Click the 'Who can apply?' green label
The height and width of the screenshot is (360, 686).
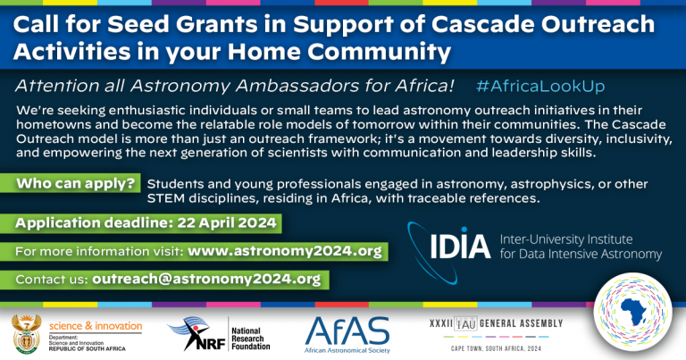pos(75,184)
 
